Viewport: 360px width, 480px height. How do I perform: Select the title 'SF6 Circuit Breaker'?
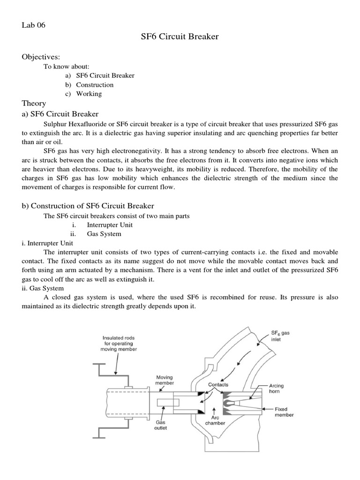[180, 36]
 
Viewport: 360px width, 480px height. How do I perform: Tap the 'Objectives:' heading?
[41, 57]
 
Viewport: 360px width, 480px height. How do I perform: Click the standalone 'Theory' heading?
[34, 104]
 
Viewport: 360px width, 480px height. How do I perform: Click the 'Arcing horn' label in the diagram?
[276, 389]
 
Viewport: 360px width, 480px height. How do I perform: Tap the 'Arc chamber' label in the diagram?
[215, 420]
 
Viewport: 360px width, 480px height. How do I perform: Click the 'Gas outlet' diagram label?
[161, 425]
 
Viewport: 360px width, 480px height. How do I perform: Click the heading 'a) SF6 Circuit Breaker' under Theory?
[59, 114]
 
